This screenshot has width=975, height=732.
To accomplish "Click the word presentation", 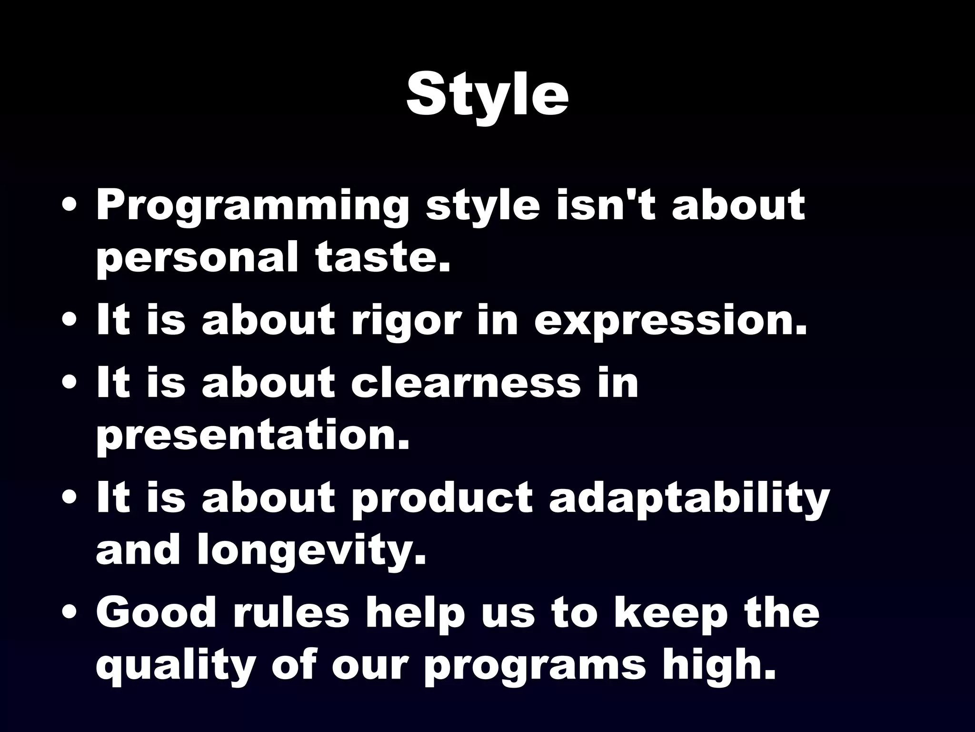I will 253,436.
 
